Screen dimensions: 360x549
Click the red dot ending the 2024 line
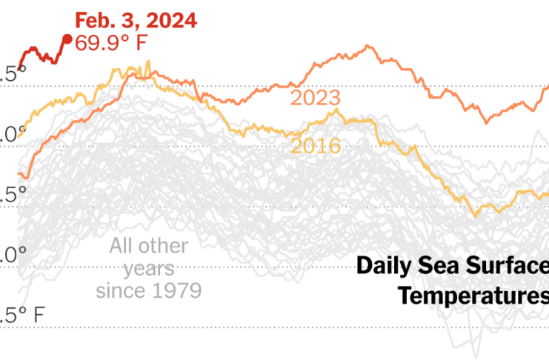[66, 39]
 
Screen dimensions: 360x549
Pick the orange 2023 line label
[315, 99]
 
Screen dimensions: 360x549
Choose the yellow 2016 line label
[316, 146]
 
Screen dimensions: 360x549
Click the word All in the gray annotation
[123, 246]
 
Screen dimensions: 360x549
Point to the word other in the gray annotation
[164, 246]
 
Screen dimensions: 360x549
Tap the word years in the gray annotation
[148, 267]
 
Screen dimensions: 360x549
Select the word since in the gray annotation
[119, 289]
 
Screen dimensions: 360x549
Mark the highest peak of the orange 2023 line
[367, 46]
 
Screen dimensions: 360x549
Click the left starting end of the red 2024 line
[19, 67]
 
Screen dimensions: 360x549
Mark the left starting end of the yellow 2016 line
[19, 136]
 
